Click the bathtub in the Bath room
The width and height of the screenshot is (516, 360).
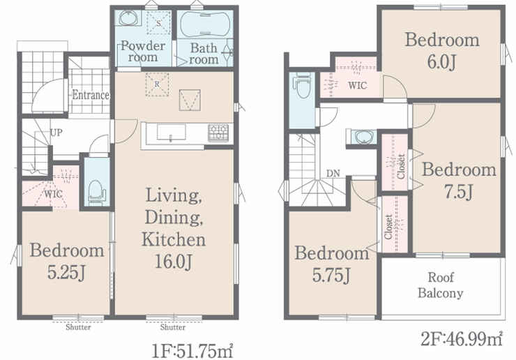[205, 24]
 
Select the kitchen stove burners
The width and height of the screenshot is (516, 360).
[218, 133]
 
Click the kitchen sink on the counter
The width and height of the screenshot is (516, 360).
[171, 132]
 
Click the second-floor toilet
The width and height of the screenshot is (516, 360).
[303, 85]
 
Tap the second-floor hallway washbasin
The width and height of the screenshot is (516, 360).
[363, 137]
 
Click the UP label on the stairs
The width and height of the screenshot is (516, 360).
[56, 133]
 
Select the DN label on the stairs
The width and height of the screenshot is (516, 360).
[333, 173]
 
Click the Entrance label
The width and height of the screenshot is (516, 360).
[91, 95]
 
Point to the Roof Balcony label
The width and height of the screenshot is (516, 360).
[440, 285]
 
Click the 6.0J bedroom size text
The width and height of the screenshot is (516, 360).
[441, 61]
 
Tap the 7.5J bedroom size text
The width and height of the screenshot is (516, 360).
[458, 192]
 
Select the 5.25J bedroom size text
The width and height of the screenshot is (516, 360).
[67, 273]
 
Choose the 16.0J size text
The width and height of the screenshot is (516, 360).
[173, 262]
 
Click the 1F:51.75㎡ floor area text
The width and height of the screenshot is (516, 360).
[192, 350]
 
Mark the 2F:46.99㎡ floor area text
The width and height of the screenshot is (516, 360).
[462, 339]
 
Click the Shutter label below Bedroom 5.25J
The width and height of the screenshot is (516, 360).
[78, 327]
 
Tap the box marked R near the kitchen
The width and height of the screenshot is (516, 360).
[157, 84]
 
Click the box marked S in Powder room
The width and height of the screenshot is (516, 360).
[158, 23]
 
